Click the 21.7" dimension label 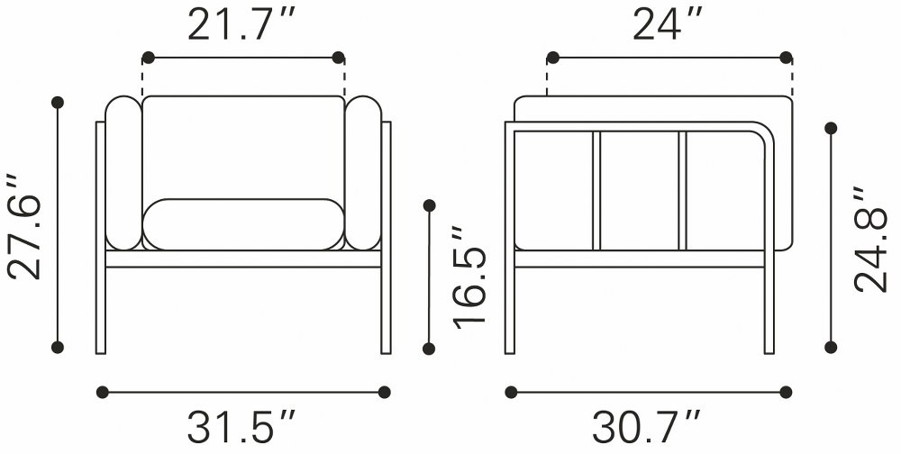point(241,25)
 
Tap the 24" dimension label point(668,25)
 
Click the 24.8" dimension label point(872,239)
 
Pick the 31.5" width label point(241,426)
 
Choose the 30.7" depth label point(646,426)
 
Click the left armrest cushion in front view point(123,173)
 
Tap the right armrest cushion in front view point(363,173)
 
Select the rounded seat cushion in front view point(243,224)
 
